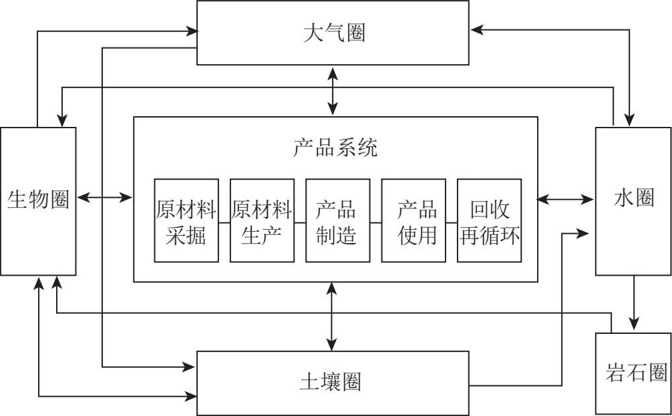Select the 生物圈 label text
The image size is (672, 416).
click(x=38, y=200)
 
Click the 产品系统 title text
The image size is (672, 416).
click(x=335, y=148)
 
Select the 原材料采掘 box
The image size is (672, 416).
click(x=186, y=220)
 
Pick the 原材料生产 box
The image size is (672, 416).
click(x=262, y=220)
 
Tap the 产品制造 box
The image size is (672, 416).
click(x=337, y=220)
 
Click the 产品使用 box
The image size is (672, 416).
click(x=413, y=220)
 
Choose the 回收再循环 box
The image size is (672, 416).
click(x=489, y=220)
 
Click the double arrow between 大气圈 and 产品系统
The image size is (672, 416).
click(x=333, y=91)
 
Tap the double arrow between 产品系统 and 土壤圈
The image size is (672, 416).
click(x=332, y=316)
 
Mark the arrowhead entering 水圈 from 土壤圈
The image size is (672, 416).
click(x=585, y=233)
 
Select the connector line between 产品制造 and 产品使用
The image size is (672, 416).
click(x=375, y=221)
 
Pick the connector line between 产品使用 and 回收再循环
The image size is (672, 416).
click(x=452, y=221)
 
